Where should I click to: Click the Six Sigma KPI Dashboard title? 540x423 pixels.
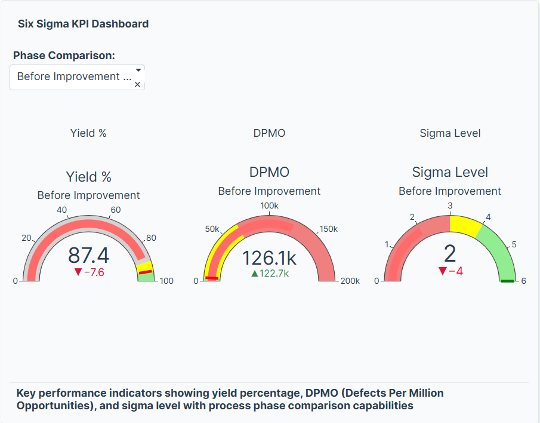(83, 24)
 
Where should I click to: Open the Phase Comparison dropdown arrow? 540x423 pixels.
(138, 70)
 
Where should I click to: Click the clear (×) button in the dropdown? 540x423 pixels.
(137, 85)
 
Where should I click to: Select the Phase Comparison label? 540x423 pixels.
(64, 56)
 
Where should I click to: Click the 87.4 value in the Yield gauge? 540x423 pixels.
(88, 255)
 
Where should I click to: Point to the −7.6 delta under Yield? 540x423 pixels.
(89, 272)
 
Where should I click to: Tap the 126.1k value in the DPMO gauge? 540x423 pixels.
(269, 258)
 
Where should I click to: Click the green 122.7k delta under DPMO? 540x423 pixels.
(270, 274)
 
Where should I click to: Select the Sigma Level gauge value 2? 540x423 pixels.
(450, 254)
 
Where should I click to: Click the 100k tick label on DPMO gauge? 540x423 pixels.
(269, 206)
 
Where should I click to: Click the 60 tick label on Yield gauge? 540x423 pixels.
(116, 210)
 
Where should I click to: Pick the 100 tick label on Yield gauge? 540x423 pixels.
(166, 281)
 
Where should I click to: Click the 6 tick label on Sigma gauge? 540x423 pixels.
(523, 281)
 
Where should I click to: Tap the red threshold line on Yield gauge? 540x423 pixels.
(145, 272)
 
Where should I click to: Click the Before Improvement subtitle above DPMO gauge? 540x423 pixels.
(269, 191)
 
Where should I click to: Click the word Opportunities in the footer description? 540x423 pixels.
(50, 406)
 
